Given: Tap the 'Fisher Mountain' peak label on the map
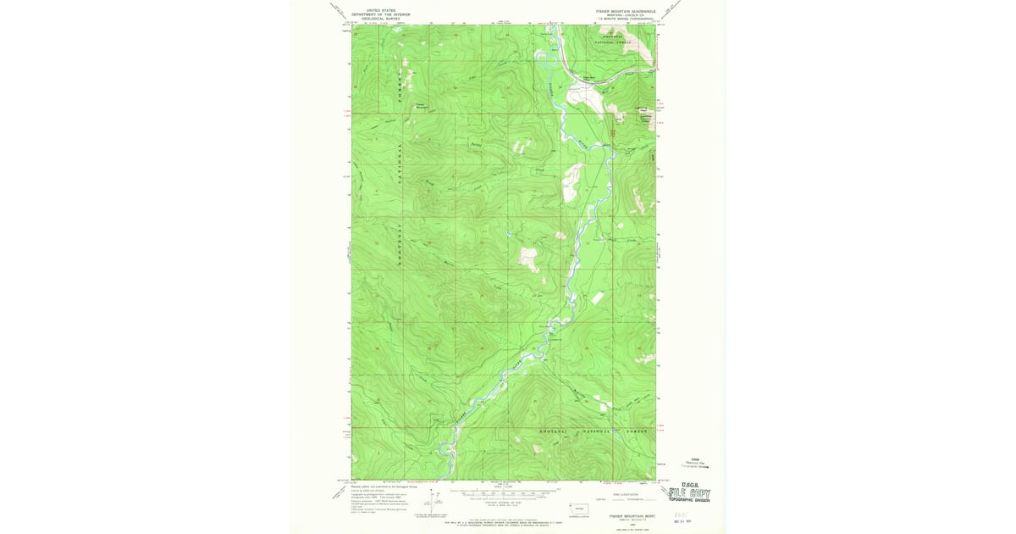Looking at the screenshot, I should [x=420, y=106].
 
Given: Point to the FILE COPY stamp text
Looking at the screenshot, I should [x=689, y=493].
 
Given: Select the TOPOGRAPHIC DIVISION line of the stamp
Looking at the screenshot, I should [x=689, y=500].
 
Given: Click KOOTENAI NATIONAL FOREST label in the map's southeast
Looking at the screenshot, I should [x=594, y=431].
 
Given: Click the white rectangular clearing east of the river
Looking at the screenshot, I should [x=598, y=298].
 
